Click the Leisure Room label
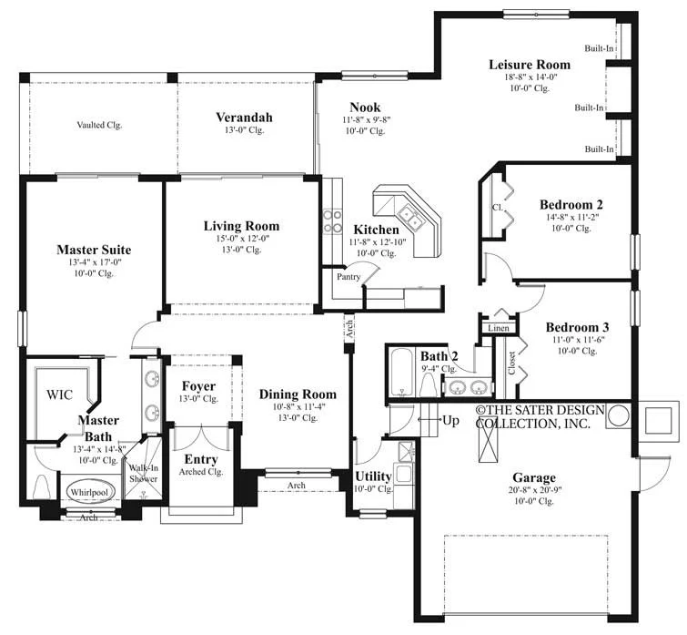(x=530, y=65)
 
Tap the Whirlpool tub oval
(x=89, y=492)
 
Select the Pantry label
(x=349, y=277)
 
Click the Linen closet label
(x=499, y=328)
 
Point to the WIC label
(x=59, y=394)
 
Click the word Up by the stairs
(x=450, y=421)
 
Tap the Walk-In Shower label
(x=143, y=473)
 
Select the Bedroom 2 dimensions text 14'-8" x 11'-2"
(x=571, y=217)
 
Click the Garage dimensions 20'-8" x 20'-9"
(x=534, y=490)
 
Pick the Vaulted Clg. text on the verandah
(x=99, y=125)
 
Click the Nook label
(x=365, y=108)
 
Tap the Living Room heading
(x=241, y=226)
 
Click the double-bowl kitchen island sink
(x=409, y=217)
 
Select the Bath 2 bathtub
(x=401, y=372)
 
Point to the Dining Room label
(x=298, y=394)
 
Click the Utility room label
(x=373, y=476)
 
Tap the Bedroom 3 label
(x=577, y=327)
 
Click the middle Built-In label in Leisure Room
(x=589, y=108)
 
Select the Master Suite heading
(x=94, y=250)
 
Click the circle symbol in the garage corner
(x=619, y=415)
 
